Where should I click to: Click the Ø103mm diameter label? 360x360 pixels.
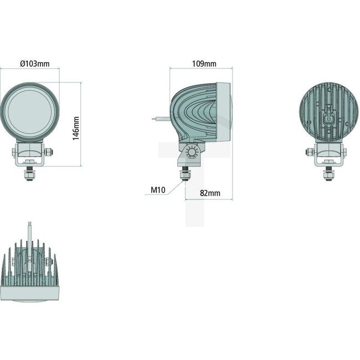click(x=34, y=64)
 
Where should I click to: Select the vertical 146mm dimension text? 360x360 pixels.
click(x=76, y=128)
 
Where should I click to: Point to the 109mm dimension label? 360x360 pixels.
click(x=204, y=64)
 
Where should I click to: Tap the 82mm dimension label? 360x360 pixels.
click(x=210, y=193)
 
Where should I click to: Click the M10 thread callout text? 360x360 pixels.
click(x=158, y=190)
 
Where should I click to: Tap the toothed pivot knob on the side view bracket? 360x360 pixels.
click(x=191, y=152)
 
